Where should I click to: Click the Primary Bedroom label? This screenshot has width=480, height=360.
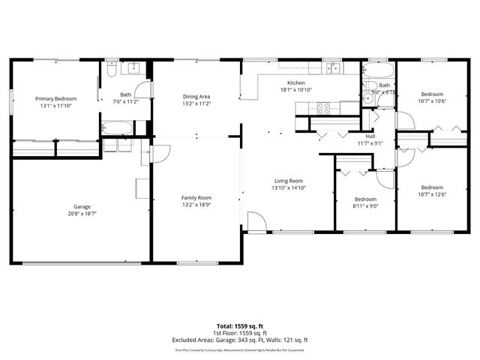[x=56, y=98]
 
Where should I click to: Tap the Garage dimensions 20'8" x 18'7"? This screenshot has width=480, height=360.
[x=82, y=212]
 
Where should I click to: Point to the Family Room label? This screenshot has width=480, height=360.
[x=196, y=197]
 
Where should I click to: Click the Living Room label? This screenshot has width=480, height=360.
[x=288, y=181]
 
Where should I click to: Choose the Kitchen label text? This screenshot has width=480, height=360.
[x=295, y=82]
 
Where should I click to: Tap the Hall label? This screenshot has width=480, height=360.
[x=370, y=136]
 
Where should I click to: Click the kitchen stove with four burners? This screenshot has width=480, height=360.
[x=323, y=107]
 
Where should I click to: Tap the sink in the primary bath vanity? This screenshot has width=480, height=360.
[x=133, y=69]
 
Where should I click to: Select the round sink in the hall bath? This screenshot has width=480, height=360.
[x=367, y=97]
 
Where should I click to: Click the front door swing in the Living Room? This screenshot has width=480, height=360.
[x=256, y=222]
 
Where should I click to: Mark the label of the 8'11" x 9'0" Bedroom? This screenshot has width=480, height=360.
[x=365, y=199]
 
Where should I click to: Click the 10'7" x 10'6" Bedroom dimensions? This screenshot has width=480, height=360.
[x=431, y=101]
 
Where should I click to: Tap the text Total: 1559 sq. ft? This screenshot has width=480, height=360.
[x=240, y=326]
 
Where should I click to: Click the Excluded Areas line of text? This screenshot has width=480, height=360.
[x=240, y=340]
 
